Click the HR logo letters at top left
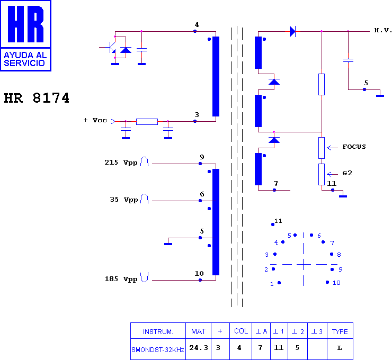(26, 24)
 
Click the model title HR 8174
(37, 98)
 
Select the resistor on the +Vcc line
(147, 122)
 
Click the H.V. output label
(383, 31)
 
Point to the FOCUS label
(354, 147)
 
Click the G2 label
(348, 173)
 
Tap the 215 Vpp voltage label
(121, 163)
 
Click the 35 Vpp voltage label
(124, 200)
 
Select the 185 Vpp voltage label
(121, 279)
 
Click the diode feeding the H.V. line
(292, 31)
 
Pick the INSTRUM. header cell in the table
(158, 331)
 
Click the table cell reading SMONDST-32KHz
(158, 350)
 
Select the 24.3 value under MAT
(199, 348)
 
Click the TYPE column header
(340, 331)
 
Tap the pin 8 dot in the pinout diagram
(332, 254)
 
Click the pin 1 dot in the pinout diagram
(279, 283)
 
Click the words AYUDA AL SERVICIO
(25, 59)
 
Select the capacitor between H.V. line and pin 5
(348, 60)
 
